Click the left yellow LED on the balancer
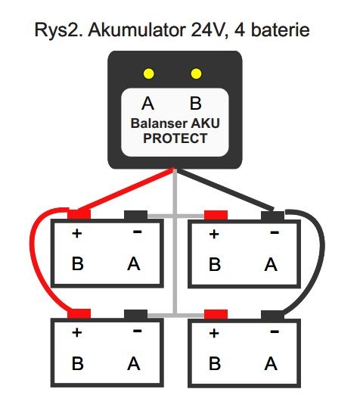point(148,73)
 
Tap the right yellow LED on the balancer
point(196,73)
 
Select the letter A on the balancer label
point(147,104)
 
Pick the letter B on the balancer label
point(196,104)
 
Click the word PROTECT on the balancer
point(175,138)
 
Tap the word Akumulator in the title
point(137,30)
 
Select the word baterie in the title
point(281,30)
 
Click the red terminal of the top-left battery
point(79,215)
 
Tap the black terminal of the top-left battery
point(136,215)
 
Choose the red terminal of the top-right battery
point(216,215)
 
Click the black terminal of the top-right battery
point(272,216)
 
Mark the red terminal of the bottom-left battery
point(79,313)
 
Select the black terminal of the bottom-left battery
point(136,314)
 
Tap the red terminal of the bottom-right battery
point(216,314)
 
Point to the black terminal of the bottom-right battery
point(272,315)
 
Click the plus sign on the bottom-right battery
point(214,333)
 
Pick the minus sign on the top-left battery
point(138,232)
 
